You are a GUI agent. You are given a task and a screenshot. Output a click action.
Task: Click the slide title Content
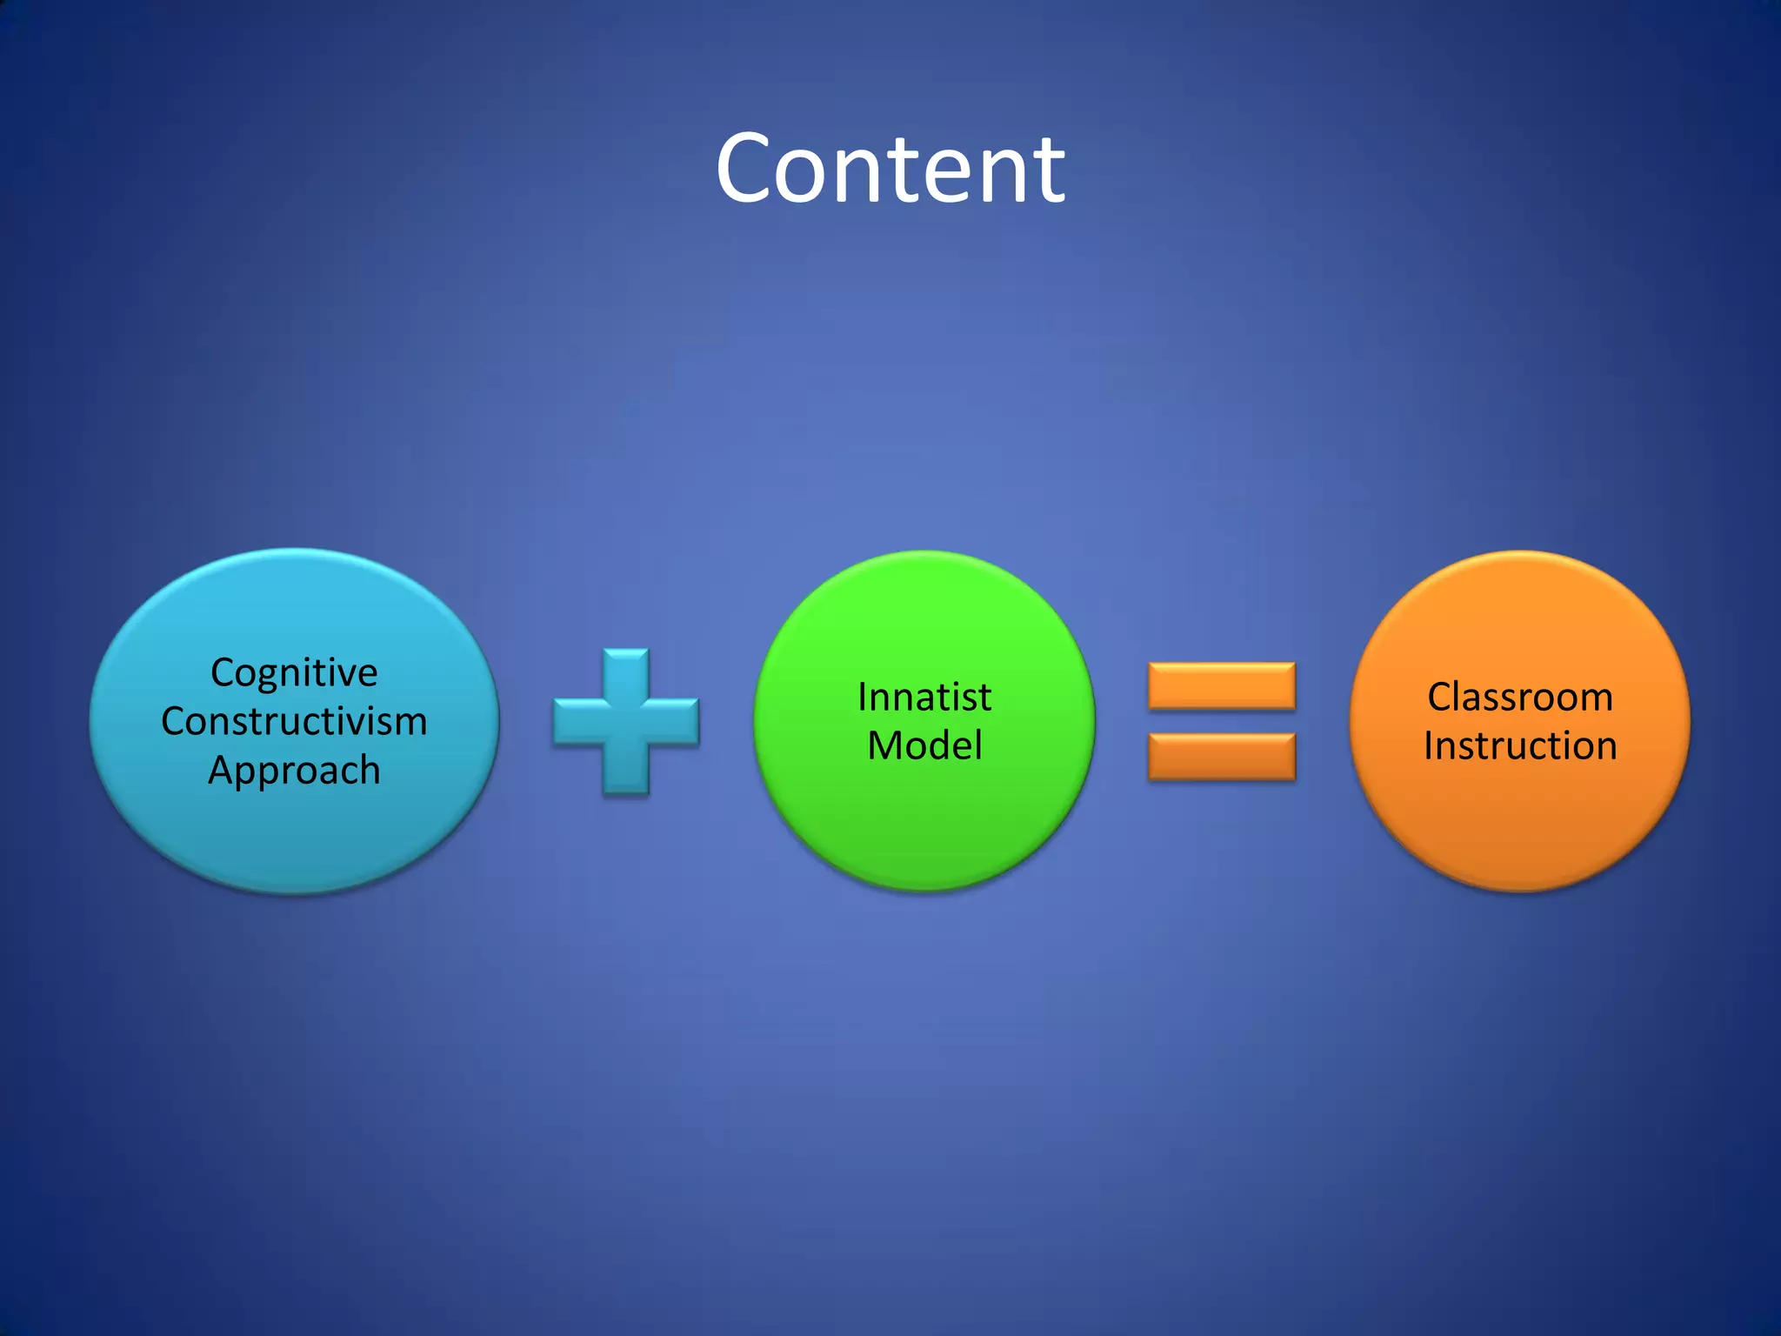click(890, 170)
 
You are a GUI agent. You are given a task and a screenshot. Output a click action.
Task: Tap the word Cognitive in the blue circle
click(294, 673)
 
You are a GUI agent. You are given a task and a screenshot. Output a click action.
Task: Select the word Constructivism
click(294, 722)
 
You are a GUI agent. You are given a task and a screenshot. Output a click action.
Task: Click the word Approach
click(294, 771)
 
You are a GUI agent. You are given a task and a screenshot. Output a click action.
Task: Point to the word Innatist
click(924, 698)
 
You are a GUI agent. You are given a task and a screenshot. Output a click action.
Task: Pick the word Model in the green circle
click(924, 746)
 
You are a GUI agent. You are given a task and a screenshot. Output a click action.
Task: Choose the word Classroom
click(1520, 698)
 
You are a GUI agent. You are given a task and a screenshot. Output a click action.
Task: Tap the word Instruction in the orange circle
click(1520, 746)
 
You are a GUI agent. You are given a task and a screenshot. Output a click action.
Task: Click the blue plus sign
click(626, 722)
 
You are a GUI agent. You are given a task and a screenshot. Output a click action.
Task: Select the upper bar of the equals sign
click(1222, 686)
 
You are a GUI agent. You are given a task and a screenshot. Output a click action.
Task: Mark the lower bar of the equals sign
click(1222, 756)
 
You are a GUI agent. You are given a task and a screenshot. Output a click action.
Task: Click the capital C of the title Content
click(749, 170)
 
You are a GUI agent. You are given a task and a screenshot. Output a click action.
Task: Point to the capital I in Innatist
click(862, 698)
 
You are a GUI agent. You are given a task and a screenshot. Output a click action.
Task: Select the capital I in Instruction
click(1429, 746)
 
